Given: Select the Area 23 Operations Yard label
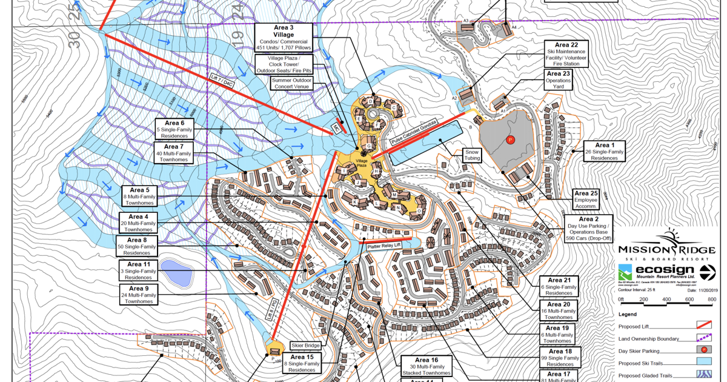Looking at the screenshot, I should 558,80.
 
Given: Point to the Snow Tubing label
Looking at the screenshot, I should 473,155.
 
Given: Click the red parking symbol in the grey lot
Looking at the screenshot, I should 510,140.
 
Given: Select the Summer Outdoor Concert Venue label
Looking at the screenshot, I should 291,83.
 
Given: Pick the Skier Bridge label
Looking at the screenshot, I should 304,344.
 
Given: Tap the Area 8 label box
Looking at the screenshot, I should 138,246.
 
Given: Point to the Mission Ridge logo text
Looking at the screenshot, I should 666,250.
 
